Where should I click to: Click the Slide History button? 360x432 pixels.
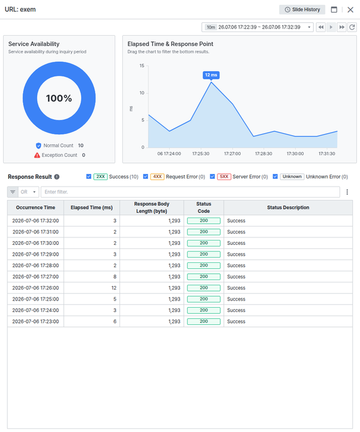pos(302,10)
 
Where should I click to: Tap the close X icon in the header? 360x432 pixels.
pos(350,10)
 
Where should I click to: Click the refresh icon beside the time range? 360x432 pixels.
pos(352,27)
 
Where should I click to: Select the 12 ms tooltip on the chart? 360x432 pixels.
pos(211,75)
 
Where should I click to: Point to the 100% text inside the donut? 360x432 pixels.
pos(59,98)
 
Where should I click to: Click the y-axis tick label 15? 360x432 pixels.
pos(142,65)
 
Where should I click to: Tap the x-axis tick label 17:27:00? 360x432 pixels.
pos(232,154)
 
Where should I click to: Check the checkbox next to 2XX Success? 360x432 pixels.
pos(88,176)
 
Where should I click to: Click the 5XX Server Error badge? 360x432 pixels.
pos(224,176)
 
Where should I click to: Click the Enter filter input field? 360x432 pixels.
pos(190,191)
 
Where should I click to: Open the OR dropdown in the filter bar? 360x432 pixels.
pos(28,191)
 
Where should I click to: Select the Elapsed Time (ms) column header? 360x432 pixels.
pos(92,207)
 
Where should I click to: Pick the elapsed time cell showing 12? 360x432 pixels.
pos(114,288)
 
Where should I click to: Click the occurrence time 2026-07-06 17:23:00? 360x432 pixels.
pos(36,322)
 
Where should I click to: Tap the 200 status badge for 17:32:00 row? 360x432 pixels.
pos(204,221)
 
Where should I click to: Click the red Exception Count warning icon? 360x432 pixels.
pos(37,155)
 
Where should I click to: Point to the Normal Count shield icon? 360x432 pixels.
pos(39,145)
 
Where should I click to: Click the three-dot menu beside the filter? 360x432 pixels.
pos(347,191)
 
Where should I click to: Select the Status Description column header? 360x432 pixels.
pos(288,207)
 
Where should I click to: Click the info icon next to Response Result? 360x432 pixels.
pos(57,177)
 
